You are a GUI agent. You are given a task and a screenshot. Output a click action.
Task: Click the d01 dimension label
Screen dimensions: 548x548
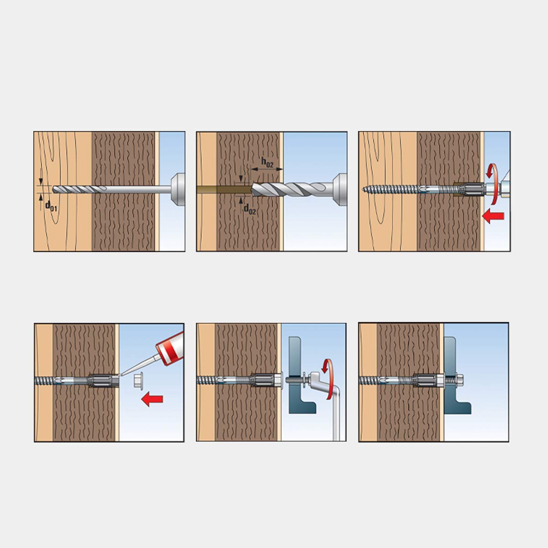pos(51,206)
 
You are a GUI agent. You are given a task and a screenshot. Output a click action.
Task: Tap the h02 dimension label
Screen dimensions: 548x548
pos(267,163)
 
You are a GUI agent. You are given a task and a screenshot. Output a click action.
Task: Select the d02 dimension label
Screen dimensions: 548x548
pos(250,209)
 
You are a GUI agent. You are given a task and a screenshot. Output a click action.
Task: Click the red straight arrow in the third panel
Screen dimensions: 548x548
pos(493,216)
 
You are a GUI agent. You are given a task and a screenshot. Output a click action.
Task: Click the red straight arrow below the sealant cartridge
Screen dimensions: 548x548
pos(152,399)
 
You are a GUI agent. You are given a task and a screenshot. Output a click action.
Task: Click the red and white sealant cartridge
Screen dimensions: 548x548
pos(170,348)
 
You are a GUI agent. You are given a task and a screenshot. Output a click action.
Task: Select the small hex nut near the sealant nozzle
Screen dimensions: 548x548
pos(138,379)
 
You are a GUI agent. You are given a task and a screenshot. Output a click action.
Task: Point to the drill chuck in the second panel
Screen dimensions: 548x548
pos(340,189)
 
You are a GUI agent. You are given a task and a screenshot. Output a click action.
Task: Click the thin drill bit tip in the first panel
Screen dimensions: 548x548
pos(54,189)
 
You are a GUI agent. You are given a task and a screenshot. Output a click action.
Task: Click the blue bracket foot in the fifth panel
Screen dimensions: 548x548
pos(306,407)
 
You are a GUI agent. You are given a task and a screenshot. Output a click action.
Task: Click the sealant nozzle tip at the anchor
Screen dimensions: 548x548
pos(120,375)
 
